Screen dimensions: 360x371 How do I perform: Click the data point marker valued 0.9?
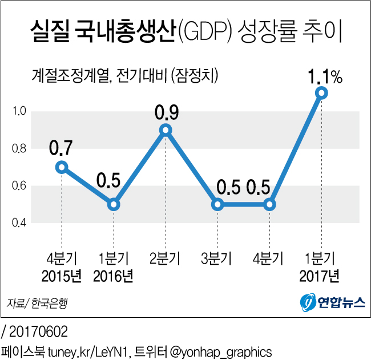coord(166,130)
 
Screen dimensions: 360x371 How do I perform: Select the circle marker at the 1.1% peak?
coord(321,92)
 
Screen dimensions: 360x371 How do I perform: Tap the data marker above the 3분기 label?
coord(217,204)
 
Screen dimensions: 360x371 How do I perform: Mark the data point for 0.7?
coord(62,167)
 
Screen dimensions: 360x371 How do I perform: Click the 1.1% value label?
coord(325,75)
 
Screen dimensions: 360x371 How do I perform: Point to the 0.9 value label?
coord(166,112)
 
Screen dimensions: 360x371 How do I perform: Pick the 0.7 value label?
coord(61,149)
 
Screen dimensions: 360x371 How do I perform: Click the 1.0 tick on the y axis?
coord(20,112)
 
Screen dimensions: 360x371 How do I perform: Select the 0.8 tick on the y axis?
coord(20,149)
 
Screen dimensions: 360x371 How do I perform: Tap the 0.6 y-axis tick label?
coord(20,186)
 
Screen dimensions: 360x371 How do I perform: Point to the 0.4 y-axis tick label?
coord(20,223)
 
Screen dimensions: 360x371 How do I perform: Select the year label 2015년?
coord(62,277)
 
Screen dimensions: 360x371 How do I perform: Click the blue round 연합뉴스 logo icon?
coord(308,302)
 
